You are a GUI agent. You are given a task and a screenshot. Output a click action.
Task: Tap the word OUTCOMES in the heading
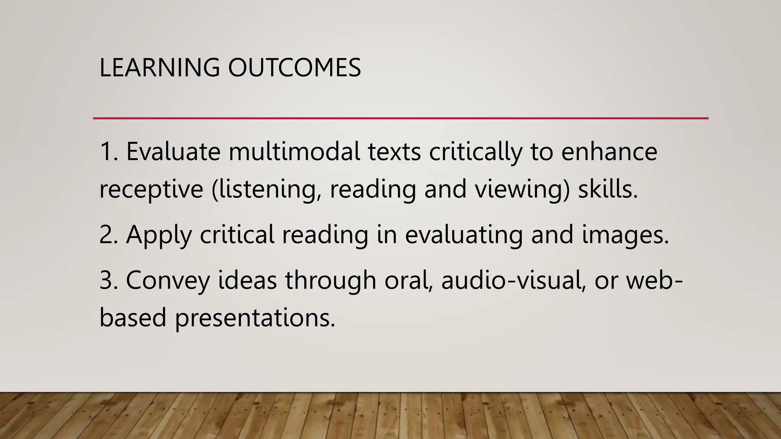tap(294, 68)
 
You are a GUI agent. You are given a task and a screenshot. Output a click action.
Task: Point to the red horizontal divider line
tap(400, 119)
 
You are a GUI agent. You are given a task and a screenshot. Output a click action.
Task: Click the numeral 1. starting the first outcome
tap(109, 151)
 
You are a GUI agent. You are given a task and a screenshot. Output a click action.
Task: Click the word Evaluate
tap(173, 151)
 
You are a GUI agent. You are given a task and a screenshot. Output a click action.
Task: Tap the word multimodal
tap(294, 151)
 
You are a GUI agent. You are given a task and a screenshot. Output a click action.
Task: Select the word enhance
tap(609, 151)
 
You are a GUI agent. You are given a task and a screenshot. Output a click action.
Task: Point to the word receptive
tap(151, 189)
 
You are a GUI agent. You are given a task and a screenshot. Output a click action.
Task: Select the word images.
tap(625, 234)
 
